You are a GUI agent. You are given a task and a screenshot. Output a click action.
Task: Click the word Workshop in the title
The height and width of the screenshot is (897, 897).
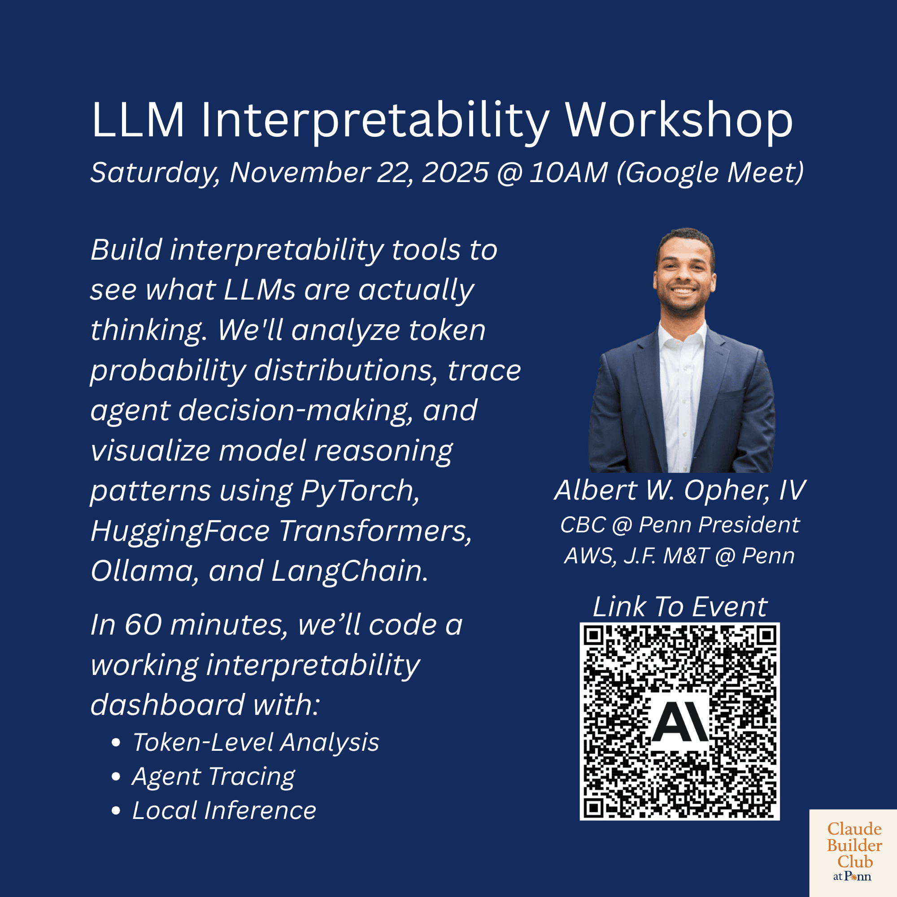tap(679, 121)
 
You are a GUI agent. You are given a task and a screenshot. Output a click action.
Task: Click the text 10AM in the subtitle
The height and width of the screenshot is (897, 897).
tap(568, 173)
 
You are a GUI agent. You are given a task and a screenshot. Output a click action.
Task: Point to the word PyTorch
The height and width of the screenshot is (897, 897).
tap(360, 491)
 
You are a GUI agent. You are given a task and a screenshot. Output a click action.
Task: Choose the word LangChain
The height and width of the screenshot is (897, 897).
tap(349, 571)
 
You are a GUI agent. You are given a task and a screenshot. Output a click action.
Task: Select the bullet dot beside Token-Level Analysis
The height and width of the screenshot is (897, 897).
tap(116, 743)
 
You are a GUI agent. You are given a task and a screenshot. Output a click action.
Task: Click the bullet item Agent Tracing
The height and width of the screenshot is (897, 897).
tap(213, 777)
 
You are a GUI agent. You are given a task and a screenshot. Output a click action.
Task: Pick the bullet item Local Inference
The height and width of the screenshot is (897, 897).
tap(224, 811)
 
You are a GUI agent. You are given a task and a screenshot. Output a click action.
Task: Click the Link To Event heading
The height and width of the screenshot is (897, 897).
tap(680, 607)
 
